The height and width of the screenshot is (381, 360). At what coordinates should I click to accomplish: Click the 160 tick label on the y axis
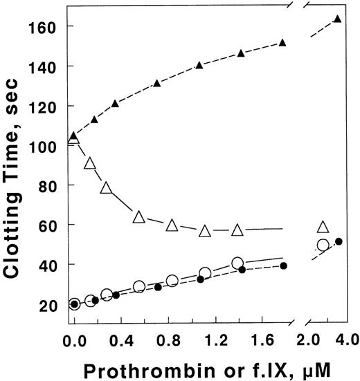pyautogui.click(x=44, y=26)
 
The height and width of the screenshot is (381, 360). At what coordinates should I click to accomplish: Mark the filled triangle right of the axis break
pyautogui.click(x=337, y=19)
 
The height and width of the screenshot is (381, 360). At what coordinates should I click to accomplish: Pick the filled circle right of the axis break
pyautogui.click(x=339, y=241)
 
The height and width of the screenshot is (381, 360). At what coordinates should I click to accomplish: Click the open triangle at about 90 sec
pyautogui.click(x=89, y=163)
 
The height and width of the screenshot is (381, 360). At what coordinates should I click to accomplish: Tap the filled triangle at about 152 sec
pyautogui.click(x=282, y=43)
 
